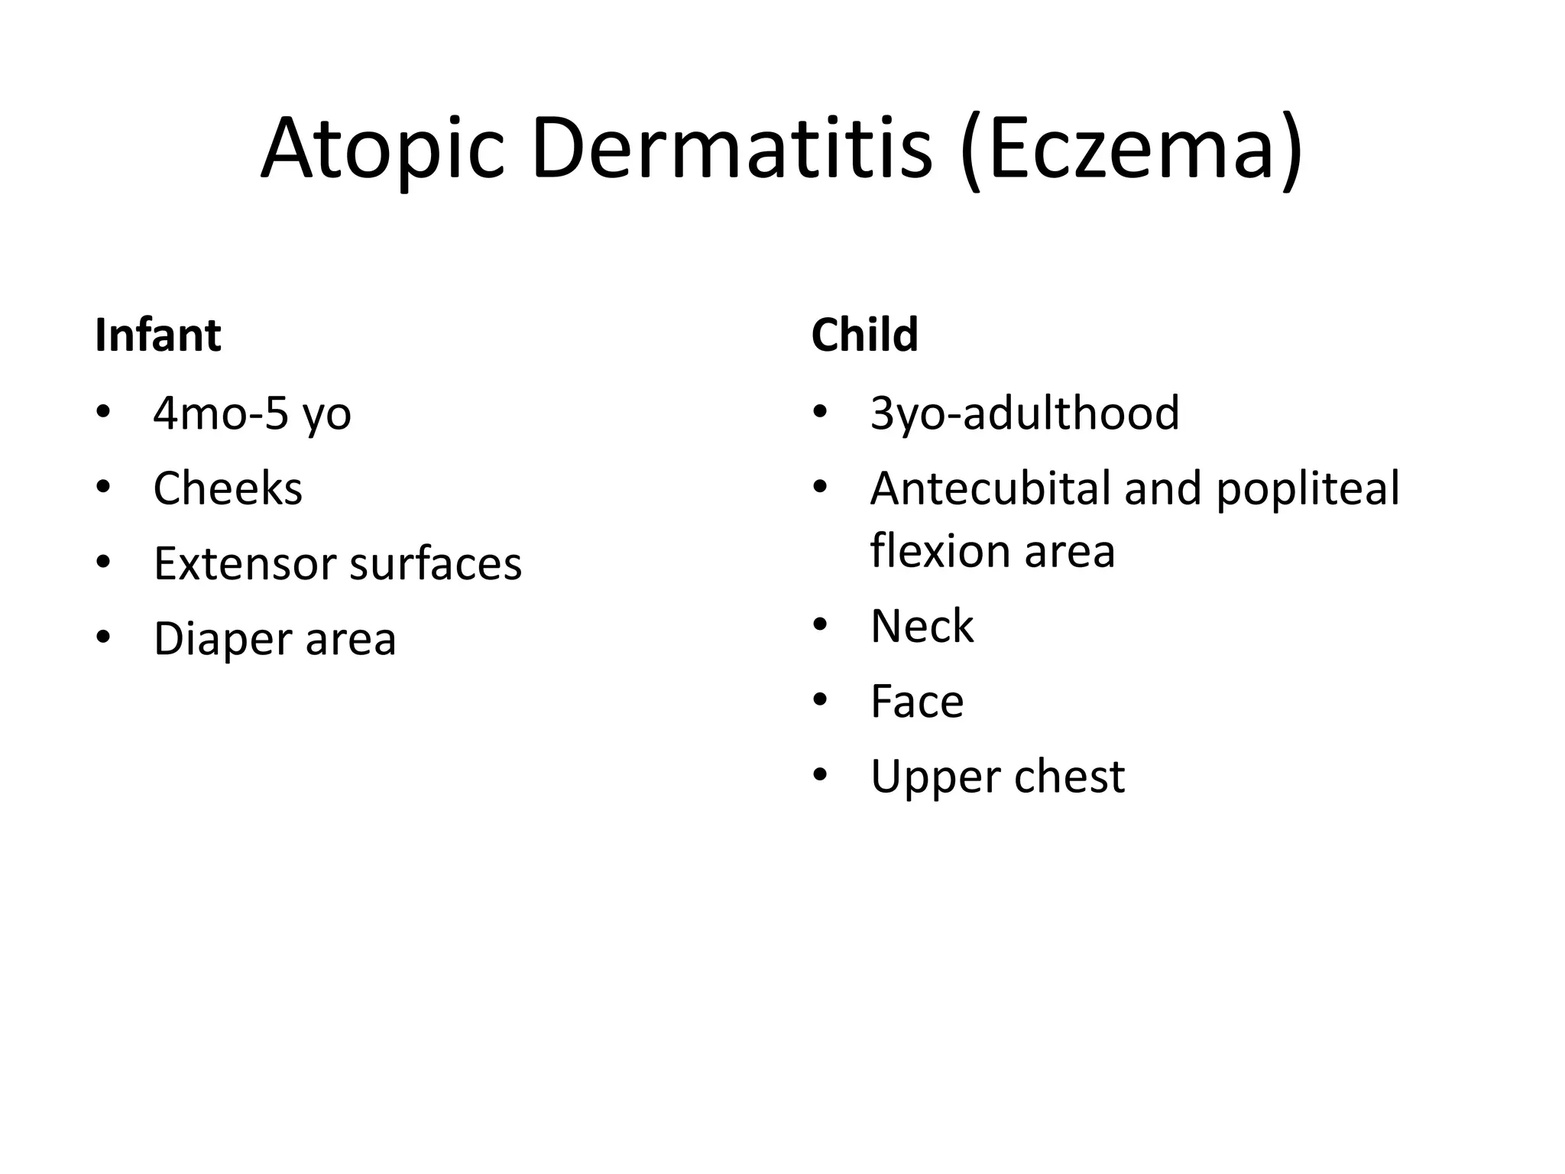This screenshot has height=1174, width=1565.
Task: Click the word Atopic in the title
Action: [382, 149]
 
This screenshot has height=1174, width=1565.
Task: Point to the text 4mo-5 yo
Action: [252, 413]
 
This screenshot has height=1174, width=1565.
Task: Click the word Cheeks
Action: [228, 488]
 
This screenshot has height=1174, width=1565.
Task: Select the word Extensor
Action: [245, 564]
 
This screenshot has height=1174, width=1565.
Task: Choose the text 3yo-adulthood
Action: [1024, 413]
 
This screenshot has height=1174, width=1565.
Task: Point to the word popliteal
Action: [1307, 490]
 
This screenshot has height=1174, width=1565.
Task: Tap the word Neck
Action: [922, 626]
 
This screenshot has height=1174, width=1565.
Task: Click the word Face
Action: [917, 702]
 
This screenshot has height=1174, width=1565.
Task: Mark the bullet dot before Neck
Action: [820, 626]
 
